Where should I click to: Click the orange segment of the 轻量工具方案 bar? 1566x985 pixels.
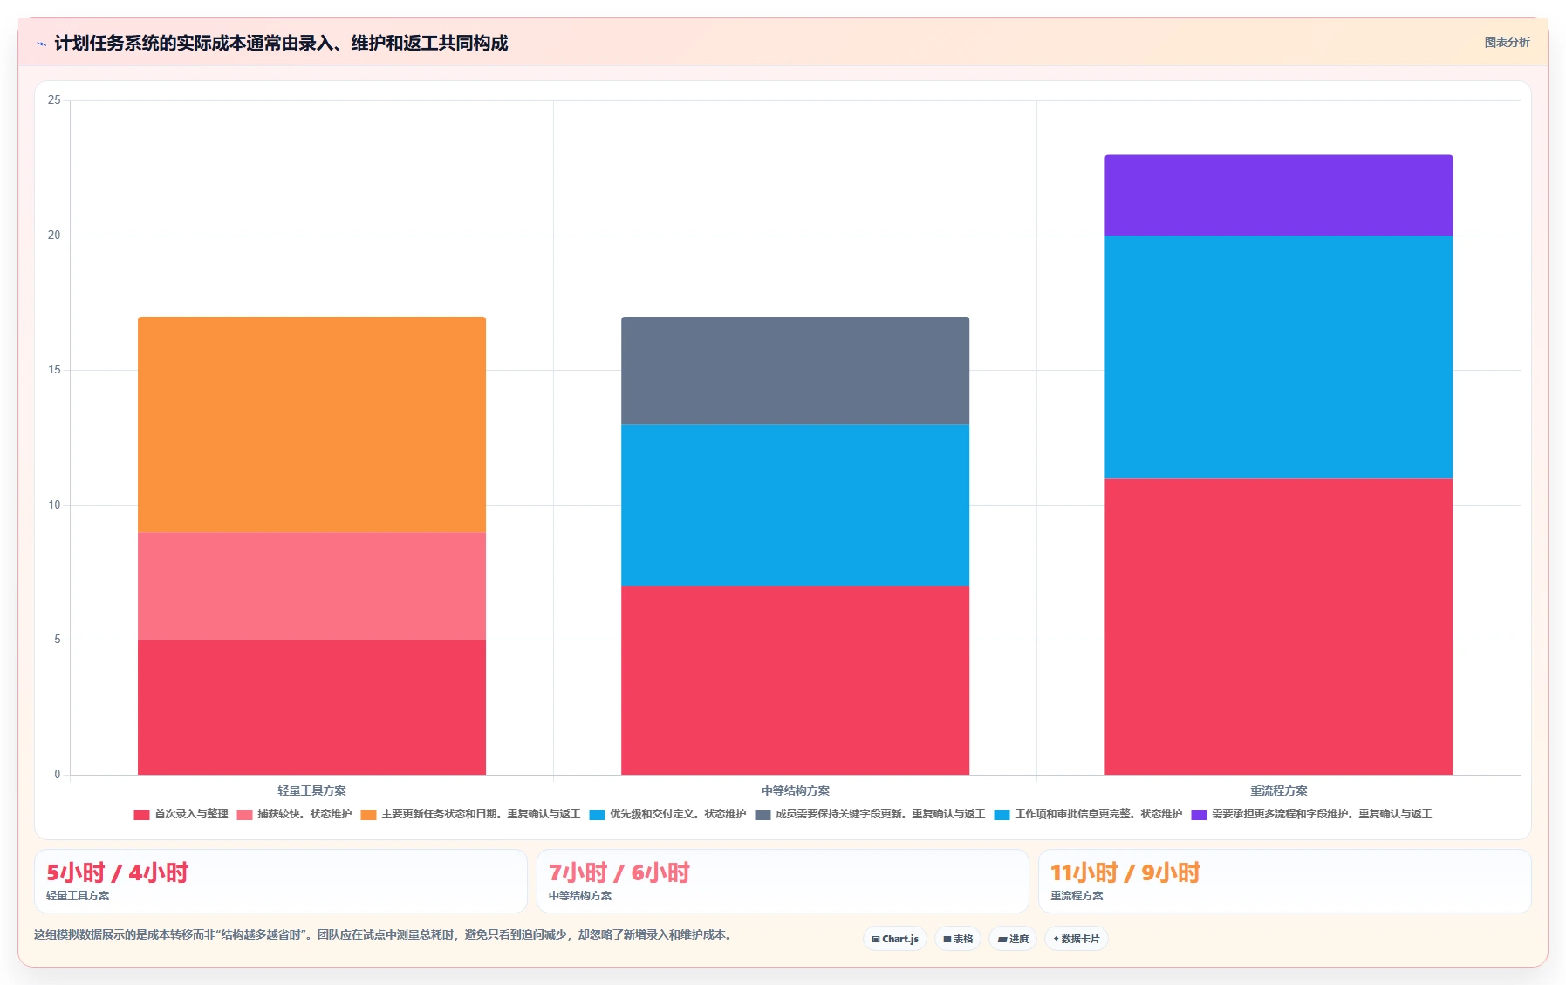[x=311, y=425]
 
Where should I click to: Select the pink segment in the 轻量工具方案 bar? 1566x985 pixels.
[x=311, y=586]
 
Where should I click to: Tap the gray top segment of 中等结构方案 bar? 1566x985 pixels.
[x=795, y=371]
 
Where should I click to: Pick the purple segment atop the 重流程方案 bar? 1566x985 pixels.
[x=1278, y=195]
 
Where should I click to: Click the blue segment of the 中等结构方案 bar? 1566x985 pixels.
[x=795, y=505]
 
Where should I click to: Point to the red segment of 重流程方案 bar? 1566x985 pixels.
[x=1278, y=626]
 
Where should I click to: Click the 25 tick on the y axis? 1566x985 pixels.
[x=54, y=100]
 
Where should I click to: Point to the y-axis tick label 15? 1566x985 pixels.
[x=54, y=370]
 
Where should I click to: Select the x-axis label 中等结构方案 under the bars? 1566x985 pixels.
[x=795, y=790]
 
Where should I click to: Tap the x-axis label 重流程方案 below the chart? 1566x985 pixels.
[x=1278, y=790]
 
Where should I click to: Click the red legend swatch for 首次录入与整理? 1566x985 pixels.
[x=141, y=815]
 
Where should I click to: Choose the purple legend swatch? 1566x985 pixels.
[x=1199, y=815]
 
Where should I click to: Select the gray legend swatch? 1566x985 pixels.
[x=762, y=815]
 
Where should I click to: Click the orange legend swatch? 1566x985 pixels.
[x=368, y=815]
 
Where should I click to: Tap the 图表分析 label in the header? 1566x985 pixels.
[x=1507, y=42]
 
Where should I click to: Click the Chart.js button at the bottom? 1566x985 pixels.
[x=895, y=939]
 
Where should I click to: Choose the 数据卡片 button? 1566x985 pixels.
[x=1076, y=939]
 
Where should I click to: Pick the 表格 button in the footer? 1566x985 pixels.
[x=958, y=939]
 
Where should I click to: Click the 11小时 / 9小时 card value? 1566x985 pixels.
[x=1125, y=872]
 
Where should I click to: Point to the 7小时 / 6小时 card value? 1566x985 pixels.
[x=619, y=872]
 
